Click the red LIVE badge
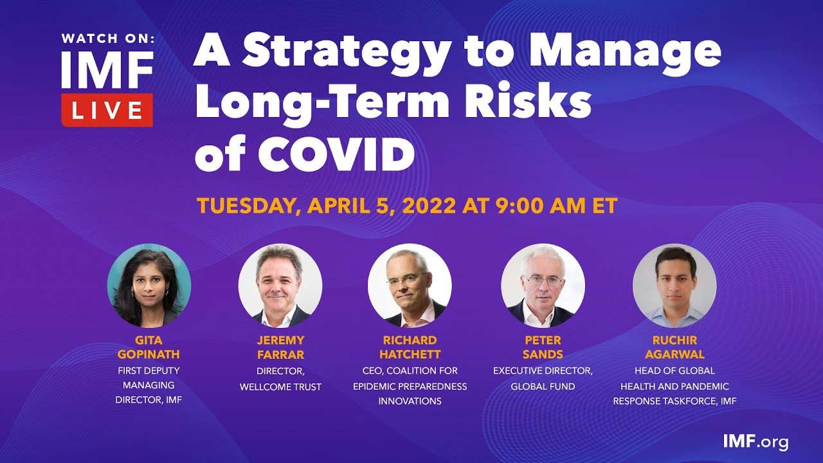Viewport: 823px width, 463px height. (107, 110)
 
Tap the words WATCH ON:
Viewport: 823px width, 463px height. (108, 39)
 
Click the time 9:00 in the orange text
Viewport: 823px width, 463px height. (519, 206)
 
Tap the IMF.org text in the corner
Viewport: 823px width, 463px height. (755, 441)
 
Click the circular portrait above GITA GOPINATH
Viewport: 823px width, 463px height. (149, 286)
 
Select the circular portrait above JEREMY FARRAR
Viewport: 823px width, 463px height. (280, 286)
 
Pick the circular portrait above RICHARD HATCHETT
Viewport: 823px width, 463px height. (410, 286)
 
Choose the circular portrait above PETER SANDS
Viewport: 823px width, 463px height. (543, 286)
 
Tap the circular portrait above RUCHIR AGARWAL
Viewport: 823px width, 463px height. (674, 286)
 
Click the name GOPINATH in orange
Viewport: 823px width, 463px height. (149, 354)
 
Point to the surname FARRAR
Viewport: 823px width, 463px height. (280, 354)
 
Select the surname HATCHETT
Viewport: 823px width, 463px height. (410, 354)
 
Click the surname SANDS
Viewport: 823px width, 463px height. (543, 354)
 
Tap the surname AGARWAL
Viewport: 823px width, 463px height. (674, 354)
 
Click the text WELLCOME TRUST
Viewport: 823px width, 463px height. (280, 386)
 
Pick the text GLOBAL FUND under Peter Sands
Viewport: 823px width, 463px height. (543, 386)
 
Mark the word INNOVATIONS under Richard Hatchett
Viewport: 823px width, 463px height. (410, 401)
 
